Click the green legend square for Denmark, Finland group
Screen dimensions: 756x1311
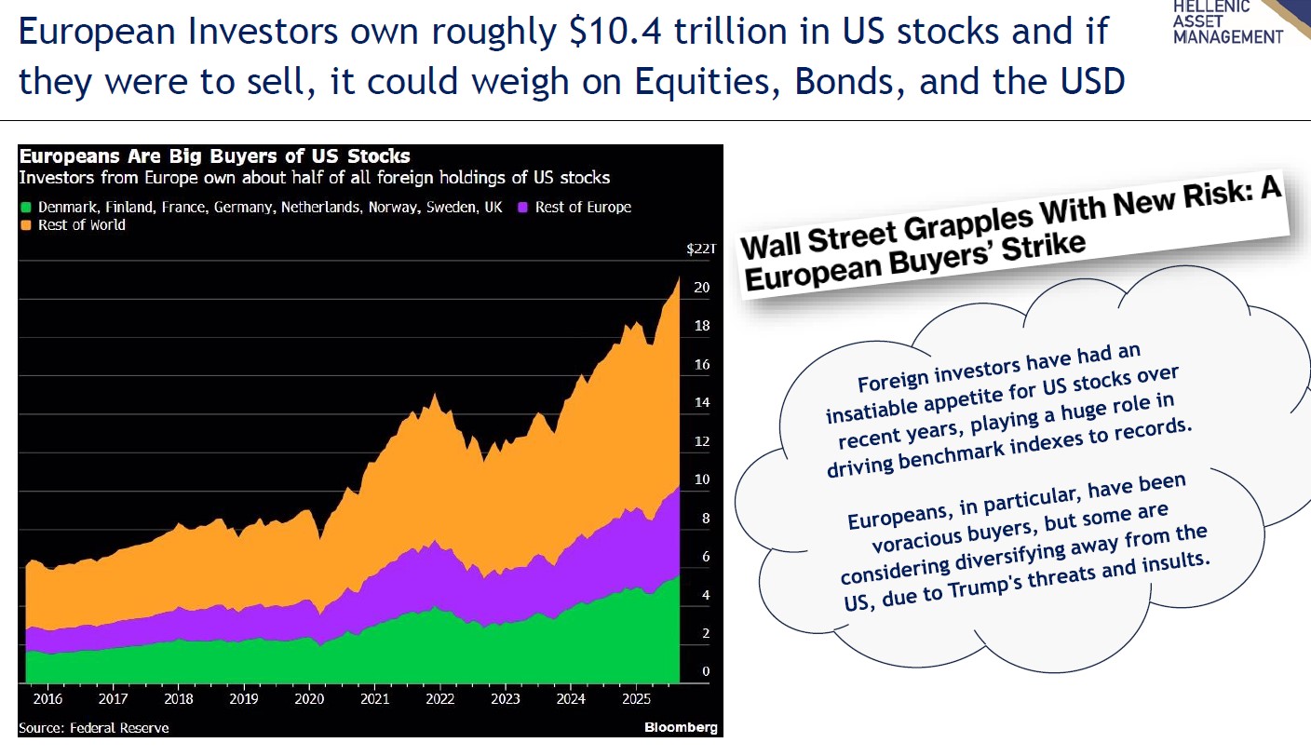26,207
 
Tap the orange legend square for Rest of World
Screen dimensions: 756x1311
26,225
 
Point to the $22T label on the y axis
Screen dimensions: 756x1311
699,249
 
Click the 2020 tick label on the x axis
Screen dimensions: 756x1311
309,698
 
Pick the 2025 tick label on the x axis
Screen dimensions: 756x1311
637,698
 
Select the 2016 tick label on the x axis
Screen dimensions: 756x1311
47,698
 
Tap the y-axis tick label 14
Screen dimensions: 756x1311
701,403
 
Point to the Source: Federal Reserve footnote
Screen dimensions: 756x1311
94,727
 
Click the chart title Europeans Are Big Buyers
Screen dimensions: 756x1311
215,155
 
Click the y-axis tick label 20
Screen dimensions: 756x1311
701,288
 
